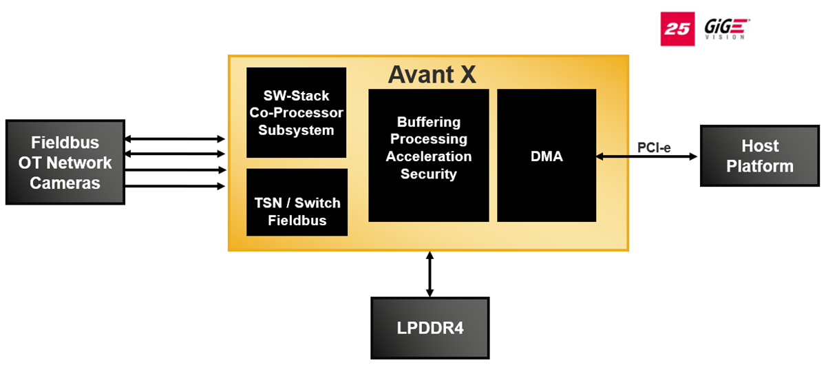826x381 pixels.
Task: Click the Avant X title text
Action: click(432, 74)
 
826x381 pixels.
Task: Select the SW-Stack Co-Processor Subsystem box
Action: click(296, 112)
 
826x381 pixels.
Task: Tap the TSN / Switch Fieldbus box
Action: click(297, 203)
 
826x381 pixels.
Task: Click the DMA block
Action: click(547, 156)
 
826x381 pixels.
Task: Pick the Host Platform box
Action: click(759, 156)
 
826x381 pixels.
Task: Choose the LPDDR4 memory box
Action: click(430, 328)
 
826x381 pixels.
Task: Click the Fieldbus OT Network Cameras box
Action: click(65, 163)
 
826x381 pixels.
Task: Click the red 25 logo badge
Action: click(677, 29)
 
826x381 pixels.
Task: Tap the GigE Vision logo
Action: click(726, 29)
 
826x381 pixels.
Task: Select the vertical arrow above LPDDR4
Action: click(430, 274)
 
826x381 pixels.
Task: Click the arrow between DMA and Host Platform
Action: click(647, 157)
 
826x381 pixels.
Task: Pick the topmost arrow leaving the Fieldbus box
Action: click(175, 139)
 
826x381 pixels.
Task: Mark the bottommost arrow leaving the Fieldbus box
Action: click(175, 186)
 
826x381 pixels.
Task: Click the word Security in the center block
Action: click(428, 174)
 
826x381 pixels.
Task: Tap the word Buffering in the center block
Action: click(428, 122)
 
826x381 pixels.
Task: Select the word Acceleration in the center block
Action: click(428, 156)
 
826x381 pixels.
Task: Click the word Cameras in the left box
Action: click(65, 183)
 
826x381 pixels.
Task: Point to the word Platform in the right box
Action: click(759, 166)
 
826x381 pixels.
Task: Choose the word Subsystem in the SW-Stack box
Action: click(296, 130)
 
